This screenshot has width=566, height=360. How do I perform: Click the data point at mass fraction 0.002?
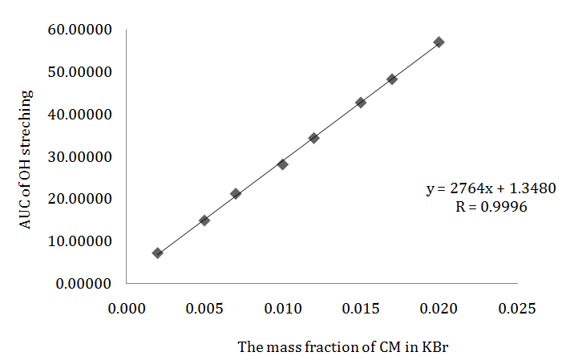(157, 253)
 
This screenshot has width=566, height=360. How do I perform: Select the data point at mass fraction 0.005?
(204, 220)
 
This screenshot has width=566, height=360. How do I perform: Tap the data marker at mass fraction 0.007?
(236, 193)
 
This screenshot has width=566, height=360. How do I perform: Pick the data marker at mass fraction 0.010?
(282, 164)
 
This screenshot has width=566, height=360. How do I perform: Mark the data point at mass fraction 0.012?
(313, 138)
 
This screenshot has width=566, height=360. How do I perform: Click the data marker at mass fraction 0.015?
(361, 103)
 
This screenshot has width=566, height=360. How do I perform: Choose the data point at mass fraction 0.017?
(392, 79)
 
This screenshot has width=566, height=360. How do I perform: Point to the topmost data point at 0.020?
(439, 42)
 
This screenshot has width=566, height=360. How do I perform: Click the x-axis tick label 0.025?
(518, 309)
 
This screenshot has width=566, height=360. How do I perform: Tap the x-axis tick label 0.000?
(126, 309)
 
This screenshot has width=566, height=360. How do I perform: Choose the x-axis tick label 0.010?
(282, 309)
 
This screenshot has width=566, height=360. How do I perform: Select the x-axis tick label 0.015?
(361, 309)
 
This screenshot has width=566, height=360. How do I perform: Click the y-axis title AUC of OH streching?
(26, 160)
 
